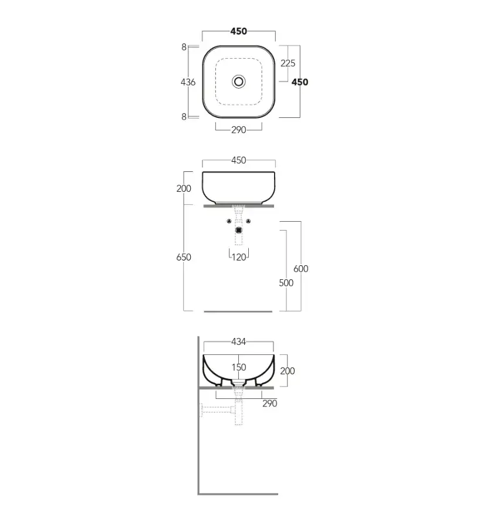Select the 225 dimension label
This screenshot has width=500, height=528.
click(288, 63)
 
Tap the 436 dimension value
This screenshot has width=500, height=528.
click(188, 82)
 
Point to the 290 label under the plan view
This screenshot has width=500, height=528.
click(238, 130)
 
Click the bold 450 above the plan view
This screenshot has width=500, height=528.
click(238, 31)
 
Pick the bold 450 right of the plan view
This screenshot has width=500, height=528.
click(300, 82)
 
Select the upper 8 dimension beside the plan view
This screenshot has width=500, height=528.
click(184, 47)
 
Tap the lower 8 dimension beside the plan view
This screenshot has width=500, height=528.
click(184, 117)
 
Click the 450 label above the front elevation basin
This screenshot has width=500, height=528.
click(238, 160)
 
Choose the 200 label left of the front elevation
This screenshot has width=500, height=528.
click(184, 188)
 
